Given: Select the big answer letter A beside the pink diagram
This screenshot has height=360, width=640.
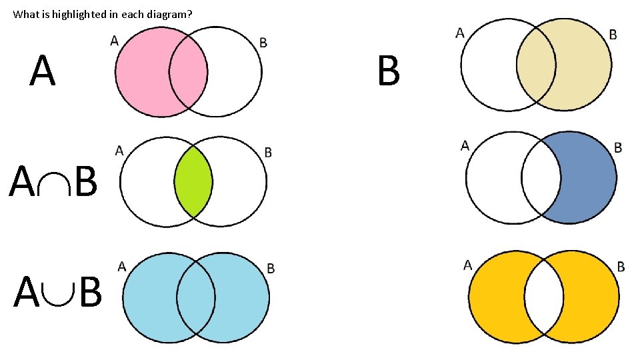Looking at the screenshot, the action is tap(42, 72).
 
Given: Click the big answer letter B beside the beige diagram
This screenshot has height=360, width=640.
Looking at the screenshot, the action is tap(388, 72).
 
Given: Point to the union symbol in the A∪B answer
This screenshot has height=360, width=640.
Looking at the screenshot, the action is tap(58, 292).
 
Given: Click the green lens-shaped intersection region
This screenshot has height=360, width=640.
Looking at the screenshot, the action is tap(193, 181).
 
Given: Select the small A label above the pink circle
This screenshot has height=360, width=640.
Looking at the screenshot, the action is tap(115, 41).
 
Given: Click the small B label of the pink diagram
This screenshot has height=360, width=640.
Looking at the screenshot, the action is tap(263, 43).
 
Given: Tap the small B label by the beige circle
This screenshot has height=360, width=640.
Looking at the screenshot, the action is tap(613, 35).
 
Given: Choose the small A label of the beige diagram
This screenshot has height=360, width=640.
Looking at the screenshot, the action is tap(460, 32).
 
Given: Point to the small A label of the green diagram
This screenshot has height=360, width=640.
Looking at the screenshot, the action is tap(119, 150).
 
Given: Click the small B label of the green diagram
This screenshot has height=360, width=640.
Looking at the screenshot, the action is tap(268, 153).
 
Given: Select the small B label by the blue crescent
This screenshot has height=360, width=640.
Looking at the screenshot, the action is tap(618, 147).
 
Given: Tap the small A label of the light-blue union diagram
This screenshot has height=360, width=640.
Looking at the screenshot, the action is tap(122, 266).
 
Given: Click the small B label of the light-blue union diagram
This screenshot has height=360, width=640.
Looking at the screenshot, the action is tap(271, 268).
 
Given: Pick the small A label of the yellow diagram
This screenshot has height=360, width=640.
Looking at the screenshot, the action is tap(467, 265).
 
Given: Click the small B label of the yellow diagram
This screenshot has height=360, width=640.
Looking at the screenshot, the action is tap(621, 267).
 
